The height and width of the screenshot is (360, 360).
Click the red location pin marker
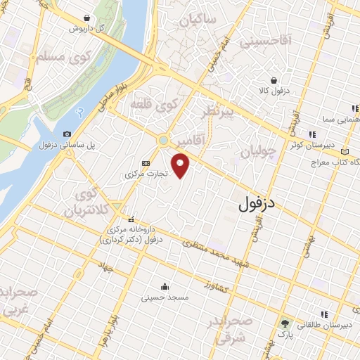coord(181,167)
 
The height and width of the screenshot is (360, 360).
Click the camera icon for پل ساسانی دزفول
coord(67,134)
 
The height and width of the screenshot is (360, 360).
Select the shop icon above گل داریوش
coord(86,18)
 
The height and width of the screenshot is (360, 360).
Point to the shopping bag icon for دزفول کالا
coord(281,80)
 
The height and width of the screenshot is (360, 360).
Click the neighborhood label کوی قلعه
coord(153,105)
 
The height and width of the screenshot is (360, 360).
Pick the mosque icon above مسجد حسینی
coord(164,286)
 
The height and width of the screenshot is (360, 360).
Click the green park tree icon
coord(285,324)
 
